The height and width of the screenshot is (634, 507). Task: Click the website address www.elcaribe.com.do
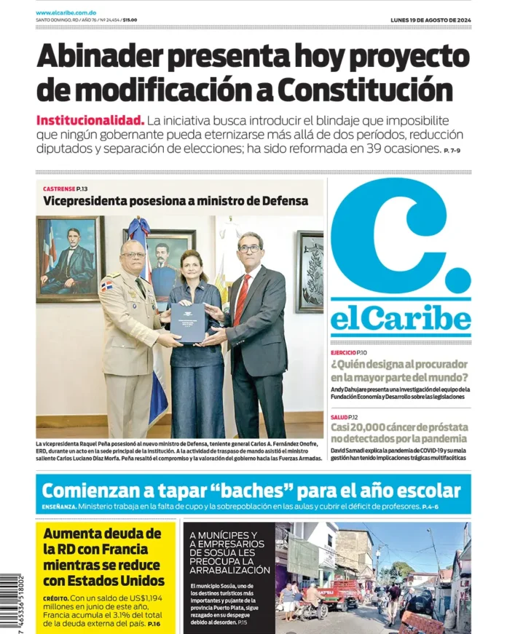tap(66, 13)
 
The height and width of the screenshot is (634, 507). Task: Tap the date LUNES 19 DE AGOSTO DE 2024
tap(431, 20)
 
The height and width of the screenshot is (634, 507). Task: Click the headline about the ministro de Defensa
tap(175, 201)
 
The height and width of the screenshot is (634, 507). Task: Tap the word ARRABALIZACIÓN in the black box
tap(229, 570)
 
